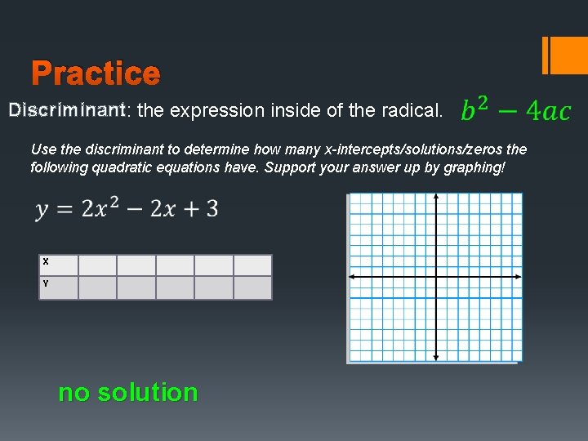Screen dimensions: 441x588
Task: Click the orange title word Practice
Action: coord(96,74)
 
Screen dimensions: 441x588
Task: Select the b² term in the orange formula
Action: coord(476,109)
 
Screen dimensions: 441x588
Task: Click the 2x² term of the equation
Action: coord(109,209)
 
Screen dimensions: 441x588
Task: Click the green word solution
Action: coord(147,393)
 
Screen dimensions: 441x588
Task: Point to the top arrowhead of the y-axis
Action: coord(436,197)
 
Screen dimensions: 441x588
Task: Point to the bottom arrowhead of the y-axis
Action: coord(436,357)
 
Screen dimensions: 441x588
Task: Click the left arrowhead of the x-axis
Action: coord(351,277)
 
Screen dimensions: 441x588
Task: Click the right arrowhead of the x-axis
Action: coord(519,277)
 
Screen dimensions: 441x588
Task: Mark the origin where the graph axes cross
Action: coord(436,277)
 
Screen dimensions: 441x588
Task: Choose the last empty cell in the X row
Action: coord(252,265)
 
